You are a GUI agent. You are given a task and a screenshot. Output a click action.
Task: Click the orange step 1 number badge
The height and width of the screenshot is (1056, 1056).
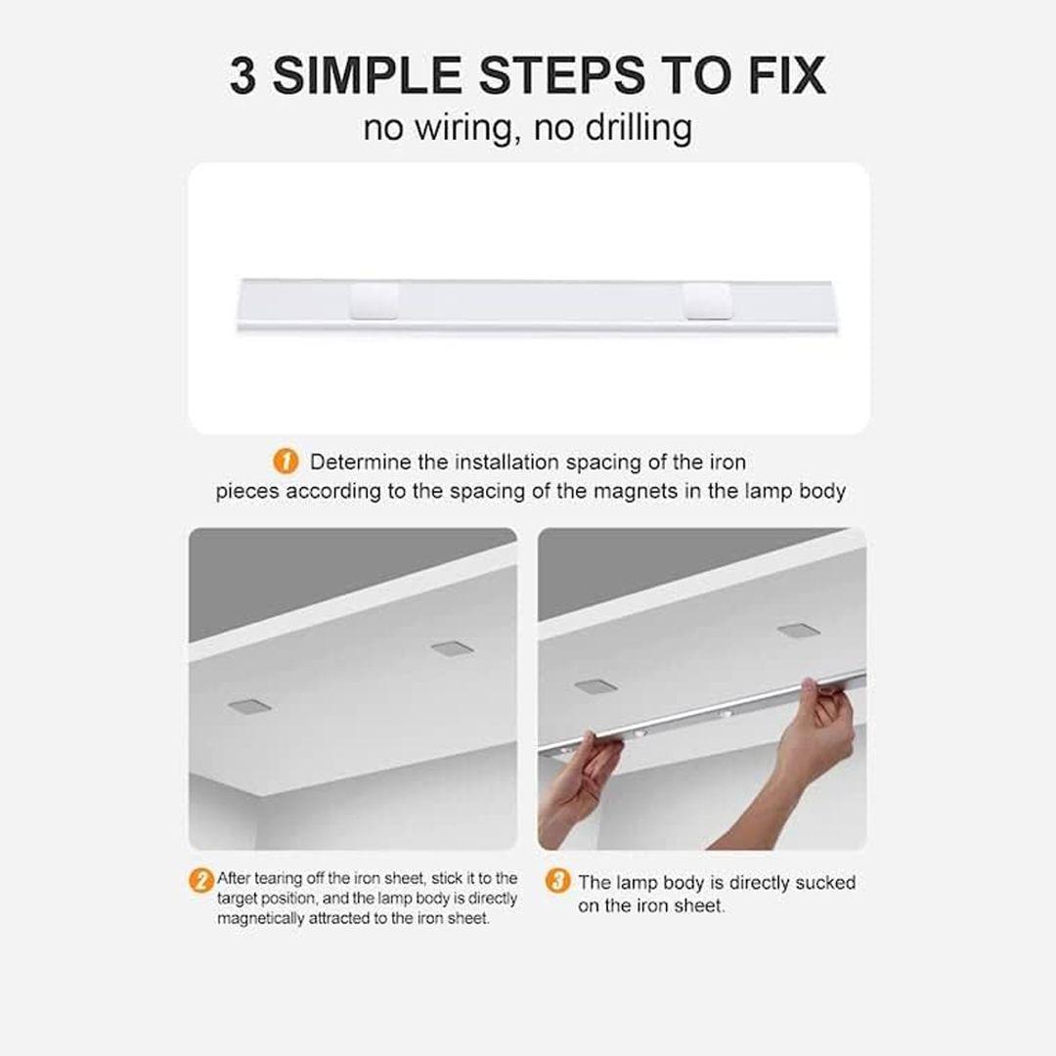(x=286, y=462)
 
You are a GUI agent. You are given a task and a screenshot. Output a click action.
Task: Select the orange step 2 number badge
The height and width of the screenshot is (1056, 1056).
(x=200, y=880)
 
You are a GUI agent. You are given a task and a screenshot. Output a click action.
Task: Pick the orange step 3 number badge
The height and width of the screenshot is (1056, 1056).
(x=557, y=881)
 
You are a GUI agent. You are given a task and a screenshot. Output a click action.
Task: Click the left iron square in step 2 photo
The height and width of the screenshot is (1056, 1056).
(x=249, y=706)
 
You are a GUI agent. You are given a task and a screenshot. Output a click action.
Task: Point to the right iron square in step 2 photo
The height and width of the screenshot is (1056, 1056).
(x=453, y=649)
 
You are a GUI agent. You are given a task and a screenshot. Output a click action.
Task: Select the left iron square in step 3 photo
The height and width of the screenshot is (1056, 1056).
(x=596, y=686)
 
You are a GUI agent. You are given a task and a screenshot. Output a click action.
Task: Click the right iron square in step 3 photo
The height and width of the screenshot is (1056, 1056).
(x=799, y=631)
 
